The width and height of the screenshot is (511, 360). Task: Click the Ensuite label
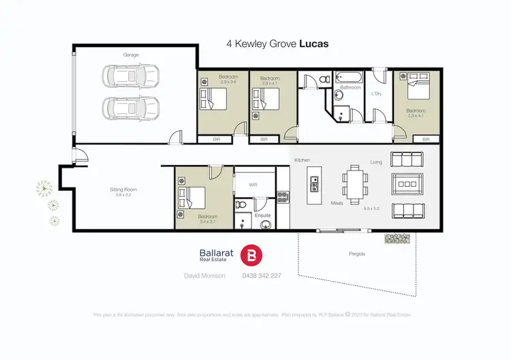(262, 215)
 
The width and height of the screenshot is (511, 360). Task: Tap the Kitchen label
(302, 160)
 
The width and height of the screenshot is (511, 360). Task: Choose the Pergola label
(358, 254)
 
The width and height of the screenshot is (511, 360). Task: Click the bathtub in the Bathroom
(349, 77)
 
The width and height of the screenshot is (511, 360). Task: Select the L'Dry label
(375, 93)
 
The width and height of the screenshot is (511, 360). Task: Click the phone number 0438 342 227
(262, 275)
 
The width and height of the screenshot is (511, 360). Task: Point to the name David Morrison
(204, 275)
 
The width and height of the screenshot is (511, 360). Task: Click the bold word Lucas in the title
(315, 42)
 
